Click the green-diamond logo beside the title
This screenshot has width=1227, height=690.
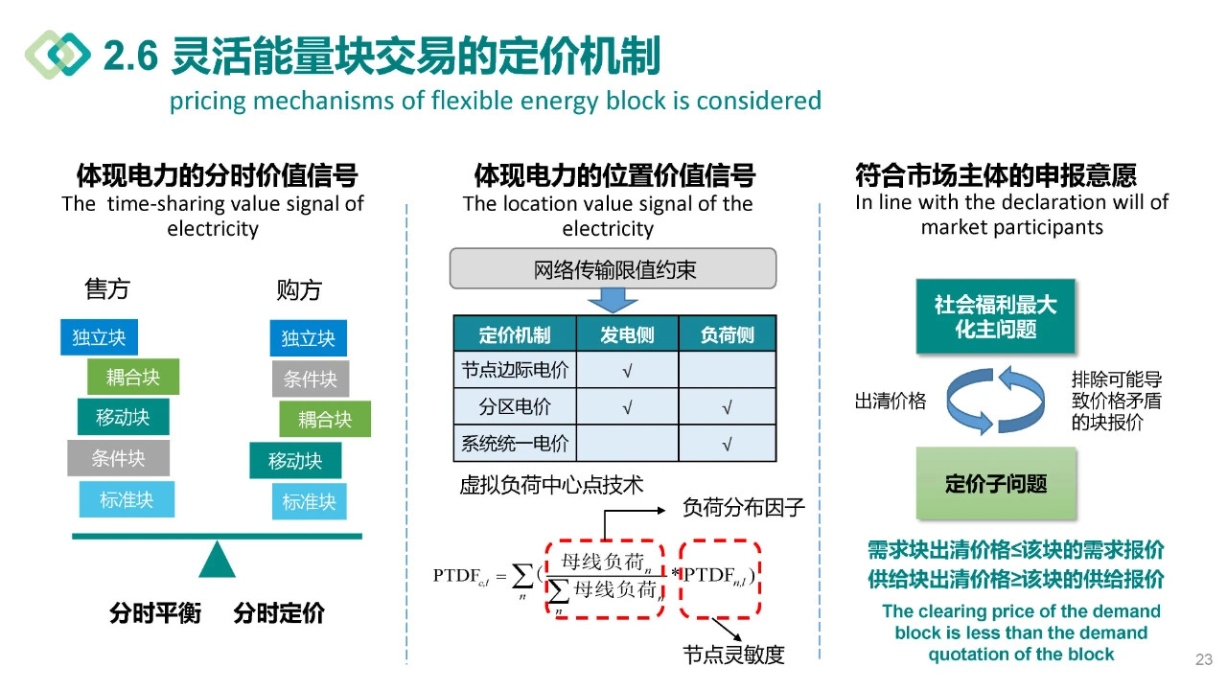pyautogui.click(x=58, y=55)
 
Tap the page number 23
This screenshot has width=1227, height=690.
pyautogui.click(x=1204, y=659)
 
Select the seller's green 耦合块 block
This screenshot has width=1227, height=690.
pyautogui.click(x=132, y=377)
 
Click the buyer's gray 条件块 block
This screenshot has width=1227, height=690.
pyautogui.click(x=310, y=379)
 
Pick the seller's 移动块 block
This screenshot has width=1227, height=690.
pyautogui.click(x=123, y=417)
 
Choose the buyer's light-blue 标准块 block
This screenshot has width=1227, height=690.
pyautogui.click(x=309, y=501)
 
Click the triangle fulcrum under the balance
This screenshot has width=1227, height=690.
pyautogui.click(x=218, y=560)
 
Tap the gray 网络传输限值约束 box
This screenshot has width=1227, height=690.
pyautogui.click(x=613, y=269)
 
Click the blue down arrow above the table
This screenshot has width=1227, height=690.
pyautogui.click(x=613, y=300)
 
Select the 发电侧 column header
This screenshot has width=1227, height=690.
pyautogui.click(x=627, y=334)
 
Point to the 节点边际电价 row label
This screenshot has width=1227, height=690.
pyautogui.click(x=515, y=370)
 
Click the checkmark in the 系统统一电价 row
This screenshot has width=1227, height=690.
pyautogui.click(x=727, y=444)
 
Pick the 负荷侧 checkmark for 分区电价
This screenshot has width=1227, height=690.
pyautogui.click(x=727, y=407)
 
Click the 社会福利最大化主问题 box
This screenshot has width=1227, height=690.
pyautogui.click(x=995, y=317)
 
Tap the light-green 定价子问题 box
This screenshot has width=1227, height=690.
pyautogui.click(x=996, y=483)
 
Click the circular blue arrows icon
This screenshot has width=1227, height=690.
pyautogui.click(x=996, y=401)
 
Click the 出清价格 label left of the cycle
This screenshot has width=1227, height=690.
pyautogui.click(x=891, y=402)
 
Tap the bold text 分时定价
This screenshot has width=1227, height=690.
pyautogui.click(x=279, y=613)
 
